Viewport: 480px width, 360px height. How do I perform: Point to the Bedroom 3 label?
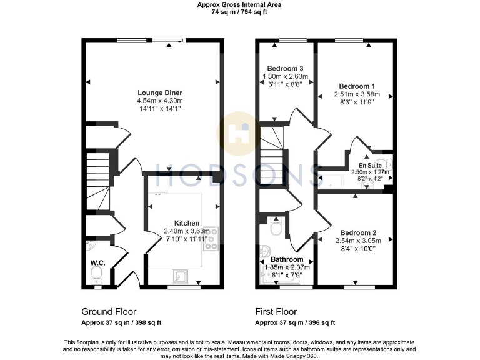tap(285, 68)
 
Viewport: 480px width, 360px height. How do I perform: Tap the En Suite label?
tap(370, 165)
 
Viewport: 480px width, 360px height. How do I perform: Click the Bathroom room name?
tap(287, 259)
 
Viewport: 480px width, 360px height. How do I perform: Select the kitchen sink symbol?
tap(181, 275)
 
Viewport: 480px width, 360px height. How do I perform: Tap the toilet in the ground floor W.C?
tap(97, 276)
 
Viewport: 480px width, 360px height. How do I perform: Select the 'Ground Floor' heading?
tap(109, 311)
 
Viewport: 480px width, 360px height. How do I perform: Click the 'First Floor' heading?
tap(276, 311)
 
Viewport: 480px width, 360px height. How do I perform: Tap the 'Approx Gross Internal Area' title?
tap(239, 4)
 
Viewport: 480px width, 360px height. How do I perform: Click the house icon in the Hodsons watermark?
tap(239, 132)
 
